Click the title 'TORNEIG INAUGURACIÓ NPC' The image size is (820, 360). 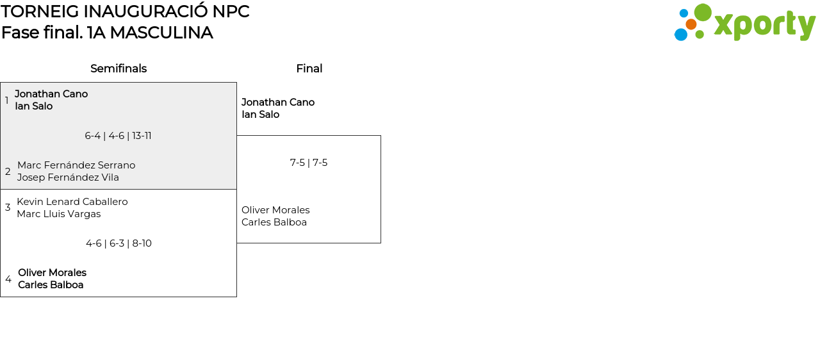pos(125,12)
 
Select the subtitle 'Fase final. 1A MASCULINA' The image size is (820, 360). pos(107,33)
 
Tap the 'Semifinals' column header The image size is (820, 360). pos(119,69)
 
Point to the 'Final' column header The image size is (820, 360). pos(309,69)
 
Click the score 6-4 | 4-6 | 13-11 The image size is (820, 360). pos(118,136)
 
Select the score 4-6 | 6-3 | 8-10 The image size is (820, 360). pos(119,243)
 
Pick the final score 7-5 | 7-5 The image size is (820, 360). pos(309,163)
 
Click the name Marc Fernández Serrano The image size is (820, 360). pos(76,165)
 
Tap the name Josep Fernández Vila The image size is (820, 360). pos(68,177)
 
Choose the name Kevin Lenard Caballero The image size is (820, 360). pos(72,202)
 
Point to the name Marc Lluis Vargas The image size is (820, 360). pos(59,214)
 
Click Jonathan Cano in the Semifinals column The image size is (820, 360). pos(51,94)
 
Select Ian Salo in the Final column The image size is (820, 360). pos(260,115)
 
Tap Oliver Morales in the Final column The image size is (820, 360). pos(275,210)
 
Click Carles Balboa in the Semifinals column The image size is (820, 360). pos(51,285)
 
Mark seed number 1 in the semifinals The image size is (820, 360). pos(7,101)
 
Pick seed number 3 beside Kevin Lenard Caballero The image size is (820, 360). pos(8,208)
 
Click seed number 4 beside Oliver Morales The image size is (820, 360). pos(8,279)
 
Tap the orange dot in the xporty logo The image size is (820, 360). pos(691,24)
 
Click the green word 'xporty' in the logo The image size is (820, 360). pos(764,26)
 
